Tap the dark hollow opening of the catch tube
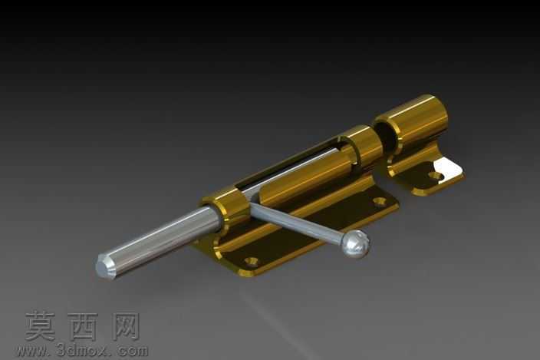[386, 136]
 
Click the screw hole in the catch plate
[436, 177]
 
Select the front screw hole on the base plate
[252, 261]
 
